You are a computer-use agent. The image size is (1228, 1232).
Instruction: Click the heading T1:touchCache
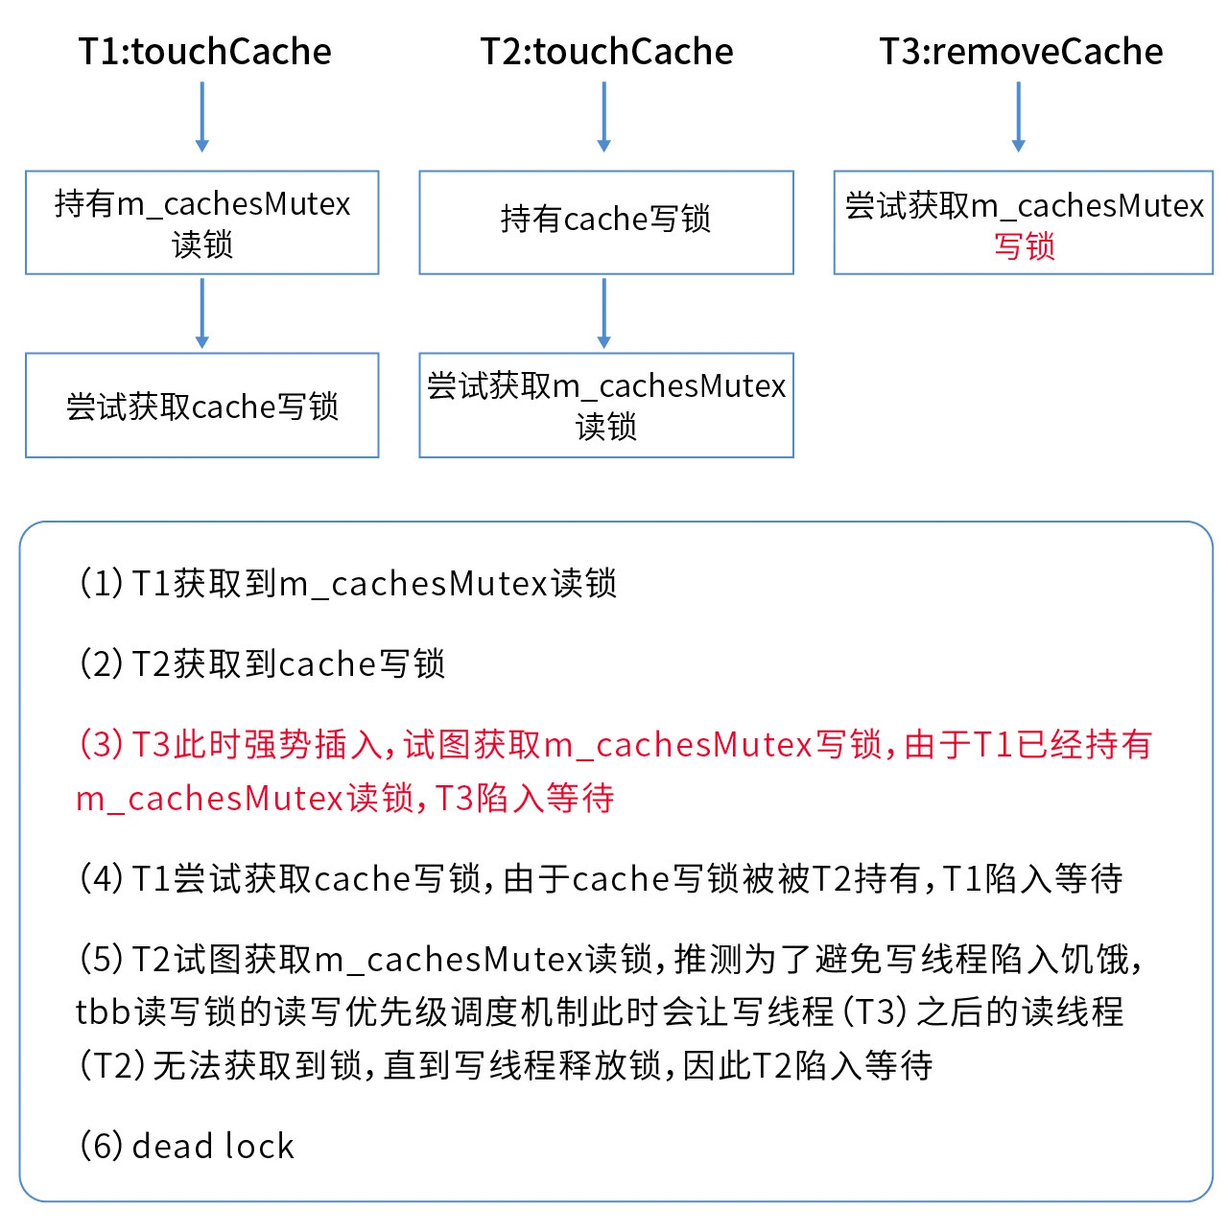point(204,51)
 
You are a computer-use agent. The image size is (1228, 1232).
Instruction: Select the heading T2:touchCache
point(606,51)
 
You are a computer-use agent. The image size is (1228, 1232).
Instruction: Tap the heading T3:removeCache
point(1022,51)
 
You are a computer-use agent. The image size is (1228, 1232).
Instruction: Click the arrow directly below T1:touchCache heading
point(202,117)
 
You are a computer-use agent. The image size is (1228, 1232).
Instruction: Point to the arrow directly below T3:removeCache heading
point(1019,117)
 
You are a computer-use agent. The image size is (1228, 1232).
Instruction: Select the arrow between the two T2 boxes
point(604,314)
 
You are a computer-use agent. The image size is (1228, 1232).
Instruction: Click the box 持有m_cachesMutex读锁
point(202,222)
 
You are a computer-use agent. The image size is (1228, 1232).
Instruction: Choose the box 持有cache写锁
point(606,222)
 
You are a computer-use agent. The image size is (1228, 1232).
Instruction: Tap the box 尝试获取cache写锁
point(202,406)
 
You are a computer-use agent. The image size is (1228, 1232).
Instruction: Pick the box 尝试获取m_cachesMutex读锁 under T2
point(606,406)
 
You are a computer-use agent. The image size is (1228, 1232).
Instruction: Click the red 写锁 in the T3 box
point(1024,246)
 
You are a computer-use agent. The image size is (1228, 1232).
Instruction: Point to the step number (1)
point(101,583)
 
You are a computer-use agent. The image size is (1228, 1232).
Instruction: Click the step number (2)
point(101,663)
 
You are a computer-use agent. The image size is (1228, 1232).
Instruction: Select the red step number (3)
point(101,744)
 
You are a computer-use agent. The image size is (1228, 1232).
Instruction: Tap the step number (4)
point(101,878)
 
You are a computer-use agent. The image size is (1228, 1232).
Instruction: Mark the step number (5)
point(101,959)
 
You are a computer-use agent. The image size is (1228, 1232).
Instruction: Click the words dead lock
point(212,1146)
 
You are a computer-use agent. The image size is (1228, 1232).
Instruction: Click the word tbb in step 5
point(103,1012)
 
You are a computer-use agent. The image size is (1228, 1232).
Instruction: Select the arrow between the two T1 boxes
point(202,314)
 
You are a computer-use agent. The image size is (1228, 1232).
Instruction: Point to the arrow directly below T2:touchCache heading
point(604,117)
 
